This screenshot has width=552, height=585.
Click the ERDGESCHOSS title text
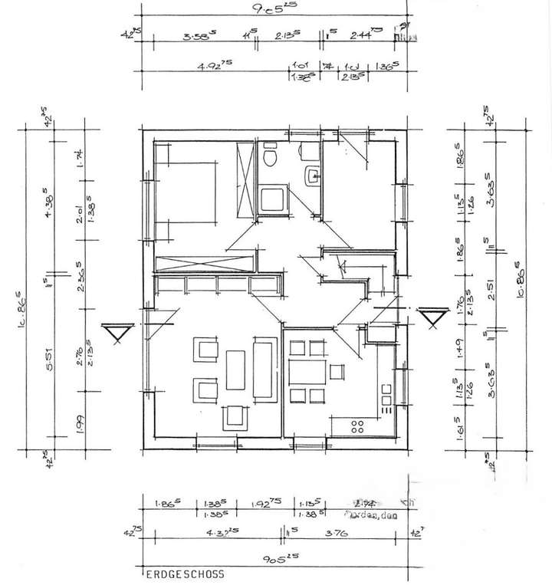point(184,573)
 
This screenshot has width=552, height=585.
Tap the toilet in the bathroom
point(269,157)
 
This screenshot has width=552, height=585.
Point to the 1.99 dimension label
point(80,420)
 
